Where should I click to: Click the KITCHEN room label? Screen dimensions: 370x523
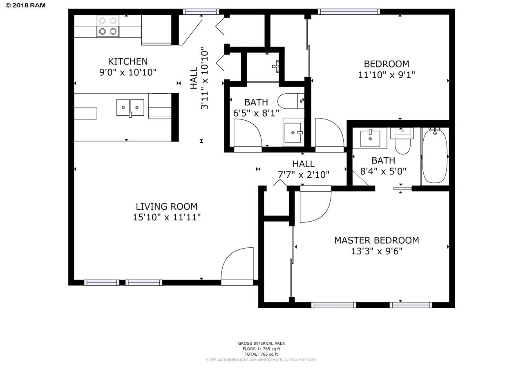pyautogui.click(x=127, y=62)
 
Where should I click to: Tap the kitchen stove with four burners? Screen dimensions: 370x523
pyautogui.click(x=108, y=26)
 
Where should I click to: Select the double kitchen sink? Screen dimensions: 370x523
pyautogui.click(x=130, y=107)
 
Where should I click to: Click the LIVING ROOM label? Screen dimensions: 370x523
pyautogui.click(x=166, y=207)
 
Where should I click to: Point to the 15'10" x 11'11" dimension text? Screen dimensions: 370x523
pyautogui.click(x=166, y=218)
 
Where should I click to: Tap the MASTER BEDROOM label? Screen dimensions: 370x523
pyautogui.click(x=376, y=240)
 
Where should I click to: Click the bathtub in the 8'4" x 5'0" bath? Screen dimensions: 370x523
pyautogui.click(x=435, y=155)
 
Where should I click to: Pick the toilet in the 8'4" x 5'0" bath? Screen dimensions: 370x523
pyautogui.click(x=402, y=141)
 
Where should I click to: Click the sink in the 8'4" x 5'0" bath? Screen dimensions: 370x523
pyautogui.click(x=370, y=139)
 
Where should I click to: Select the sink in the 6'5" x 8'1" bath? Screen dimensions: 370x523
pyautogui.click(x=293, y=132)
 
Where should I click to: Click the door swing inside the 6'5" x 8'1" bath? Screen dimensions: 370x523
pyautogui.click(x=248, y=133)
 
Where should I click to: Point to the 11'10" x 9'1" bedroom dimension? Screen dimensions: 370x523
pyautogui.click(x=387, y=75)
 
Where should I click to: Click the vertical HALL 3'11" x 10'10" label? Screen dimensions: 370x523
pyautogui.click(x=199, y=78)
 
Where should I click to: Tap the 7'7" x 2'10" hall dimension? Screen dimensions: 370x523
pyautogui.click(x=304, y=175)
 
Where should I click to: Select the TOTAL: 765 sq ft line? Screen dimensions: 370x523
pyautogui.click(x=261, y=354)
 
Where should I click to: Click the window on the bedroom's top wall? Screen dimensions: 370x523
pyautogui.click(x=349, y=12)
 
